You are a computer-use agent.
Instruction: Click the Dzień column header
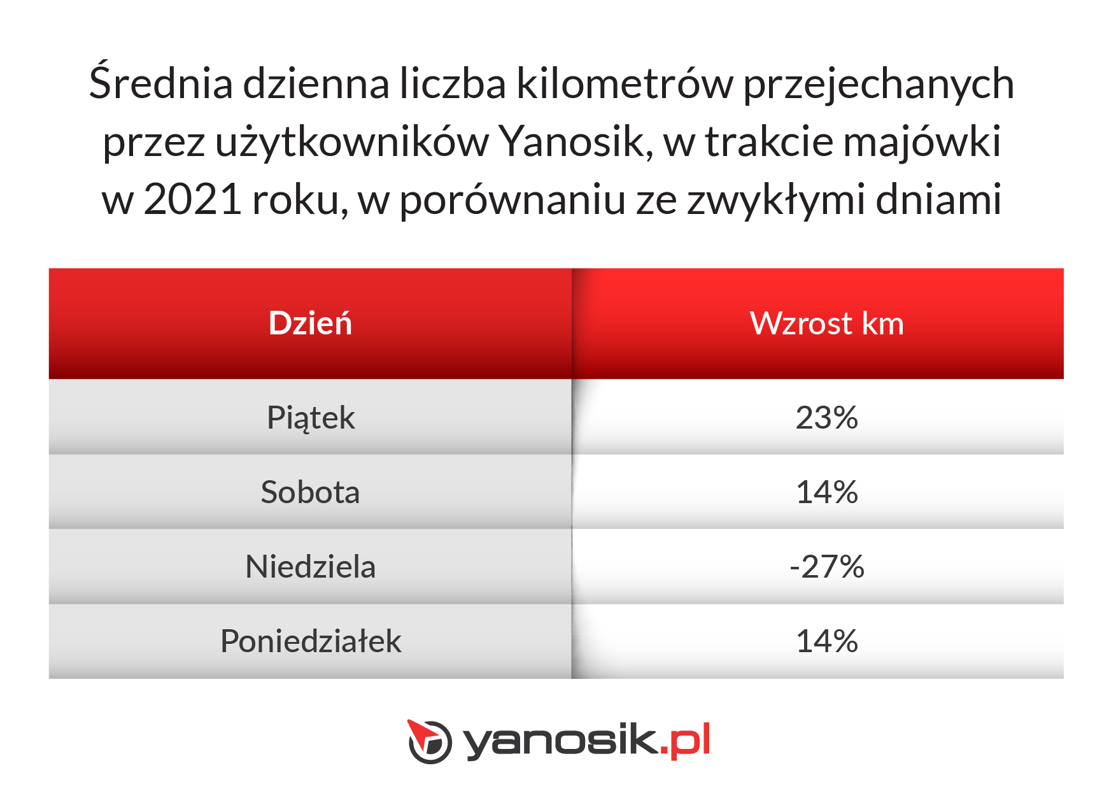[x=310, y=323]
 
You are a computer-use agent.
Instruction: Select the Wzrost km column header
[x=827, y=324]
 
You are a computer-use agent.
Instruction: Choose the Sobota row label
[x=310, y=492]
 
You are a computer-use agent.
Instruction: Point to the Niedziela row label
[x=311, y=566]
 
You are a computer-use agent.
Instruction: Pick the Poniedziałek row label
[x=311, y=641]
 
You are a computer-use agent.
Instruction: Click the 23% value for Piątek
[x=827, y=418]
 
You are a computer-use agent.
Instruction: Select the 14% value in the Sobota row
[x=827, y=492]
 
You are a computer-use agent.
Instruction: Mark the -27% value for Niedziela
[x=827, y=567]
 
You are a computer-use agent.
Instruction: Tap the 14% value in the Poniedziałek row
[x=827, y=641]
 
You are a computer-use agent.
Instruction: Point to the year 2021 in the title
[x=193, y=199]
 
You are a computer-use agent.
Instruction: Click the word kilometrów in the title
[x=625, y=83]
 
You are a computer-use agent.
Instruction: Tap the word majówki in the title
[x=922, y=141]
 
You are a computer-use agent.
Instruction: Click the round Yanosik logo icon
[x=430, y=741]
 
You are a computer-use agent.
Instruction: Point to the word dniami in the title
[x=939, y=199]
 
